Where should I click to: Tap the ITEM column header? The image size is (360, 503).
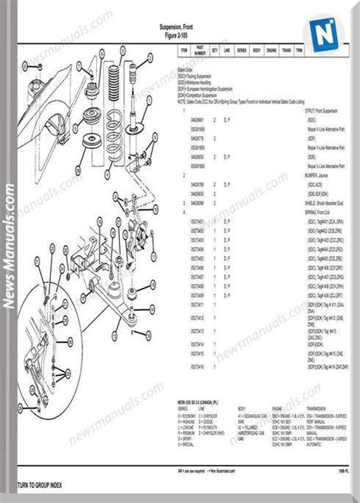point(183,51)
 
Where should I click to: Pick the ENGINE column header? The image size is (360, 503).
point(270,51)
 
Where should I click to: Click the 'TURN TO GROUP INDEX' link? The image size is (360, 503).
point(33,485)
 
